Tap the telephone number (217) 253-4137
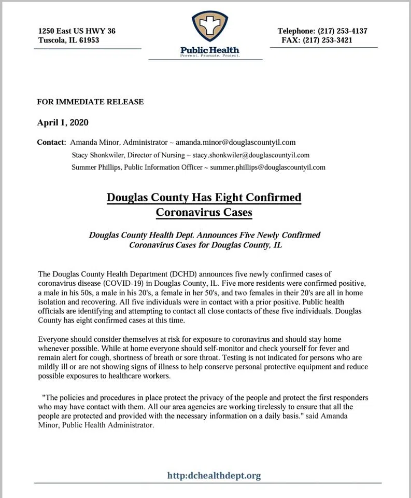pos(343,31)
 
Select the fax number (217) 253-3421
pos(343,40)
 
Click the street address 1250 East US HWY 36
pos(77,31)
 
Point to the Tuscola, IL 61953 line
pos(69,40)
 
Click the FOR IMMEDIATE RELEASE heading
pos(90,102)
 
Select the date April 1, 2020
pos(63,123)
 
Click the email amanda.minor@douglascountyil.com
pos(236,142)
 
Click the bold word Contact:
pos(52,142)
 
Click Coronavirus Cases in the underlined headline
pos(204,212)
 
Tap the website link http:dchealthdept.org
pos(214,475)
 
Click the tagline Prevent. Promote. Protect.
pos(209,55)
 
